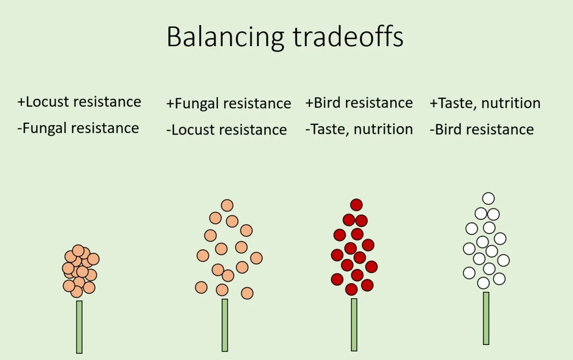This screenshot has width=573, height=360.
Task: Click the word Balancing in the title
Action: tap(225, 37)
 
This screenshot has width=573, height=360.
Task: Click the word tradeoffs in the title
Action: tap(348, 37)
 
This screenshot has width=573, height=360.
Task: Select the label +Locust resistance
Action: tap(79, 102)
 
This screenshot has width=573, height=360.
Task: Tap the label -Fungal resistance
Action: tap(78, 128)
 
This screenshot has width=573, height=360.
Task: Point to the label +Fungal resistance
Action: tap(228, 104)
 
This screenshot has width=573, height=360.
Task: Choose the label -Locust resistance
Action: tap(226, 130)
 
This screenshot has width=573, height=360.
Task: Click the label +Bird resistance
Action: tap(359, 103)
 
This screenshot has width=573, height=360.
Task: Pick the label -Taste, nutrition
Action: tap(359, 129)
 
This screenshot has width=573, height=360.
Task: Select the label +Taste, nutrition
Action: tap(485, 103)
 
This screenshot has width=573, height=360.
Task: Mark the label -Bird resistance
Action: tap(481, 129)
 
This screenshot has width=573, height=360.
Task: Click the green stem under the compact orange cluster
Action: tap(79, 327)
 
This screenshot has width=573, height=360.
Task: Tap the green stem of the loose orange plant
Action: tap(225, 325)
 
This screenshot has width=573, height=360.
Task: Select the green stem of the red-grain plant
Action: tap(354, 325)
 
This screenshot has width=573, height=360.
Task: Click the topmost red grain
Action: tap(357, 205)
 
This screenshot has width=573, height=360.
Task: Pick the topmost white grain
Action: tap(488, 198)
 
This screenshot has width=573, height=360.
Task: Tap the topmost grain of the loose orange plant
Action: tap(227, 205)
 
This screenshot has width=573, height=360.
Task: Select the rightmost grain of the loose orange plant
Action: tap(256, 258)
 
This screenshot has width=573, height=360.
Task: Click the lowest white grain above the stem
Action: tap(483, 283)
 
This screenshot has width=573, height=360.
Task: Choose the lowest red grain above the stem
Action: tap(351, 290)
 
